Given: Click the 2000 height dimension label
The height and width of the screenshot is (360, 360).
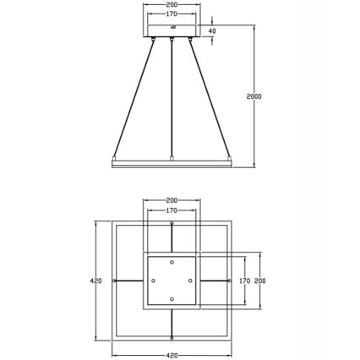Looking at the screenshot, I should [x=254, y=96].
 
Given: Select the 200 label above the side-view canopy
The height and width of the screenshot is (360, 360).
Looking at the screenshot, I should [x=172, y=5].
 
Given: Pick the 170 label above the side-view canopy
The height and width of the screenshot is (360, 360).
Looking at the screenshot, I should [x=172, y=14].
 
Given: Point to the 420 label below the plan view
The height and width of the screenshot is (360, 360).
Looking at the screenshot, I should [x=172, y=355].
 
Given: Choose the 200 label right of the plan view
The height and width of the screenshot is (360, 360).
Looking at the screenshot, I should [x=260, y=281].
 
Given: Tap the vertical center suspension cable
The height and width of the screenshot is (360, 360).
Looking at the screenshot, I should [x=172, y=97].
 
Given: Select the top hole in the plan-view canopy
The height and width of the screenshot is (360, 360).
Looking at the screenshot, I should [x=172, y=262].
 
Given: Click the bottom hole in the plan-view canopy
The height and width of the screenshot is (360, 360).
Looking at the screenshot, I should [x=172, y=299].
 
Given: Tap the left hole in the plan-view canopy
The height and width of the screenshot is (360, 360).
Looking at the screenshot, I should [x=153, y=281].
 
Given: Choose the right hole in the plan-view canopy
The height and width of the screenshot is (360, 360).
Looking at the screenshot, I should [x=190, y=281].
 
